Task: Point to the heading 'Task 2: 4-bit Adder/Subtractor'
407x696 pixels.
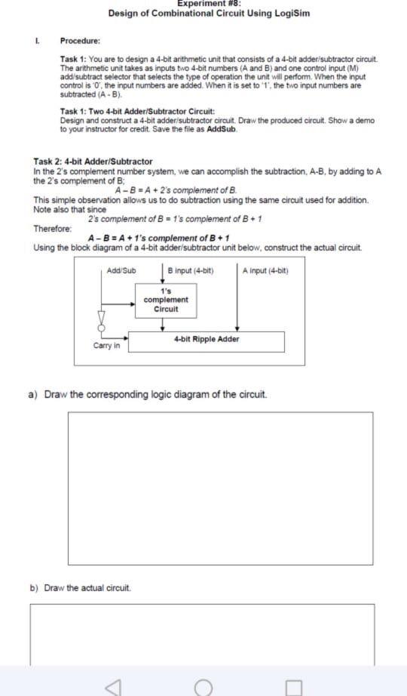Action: (x=93, y=162)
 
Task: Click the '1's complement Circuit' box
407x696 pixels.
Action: (x=165, y=300)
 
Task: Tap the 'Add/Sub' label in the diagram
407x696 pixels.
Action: (x=121, y=270)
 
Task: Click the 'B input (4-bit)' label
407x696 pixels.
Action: (x=191, y=270)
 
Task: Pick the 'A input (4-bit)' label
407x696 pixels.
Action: (x=265, y=270)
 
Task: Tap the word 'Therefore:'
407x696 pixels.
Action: (x=53, y=229)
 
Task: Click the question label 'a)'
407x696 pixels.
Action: (x=33, y=394)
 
